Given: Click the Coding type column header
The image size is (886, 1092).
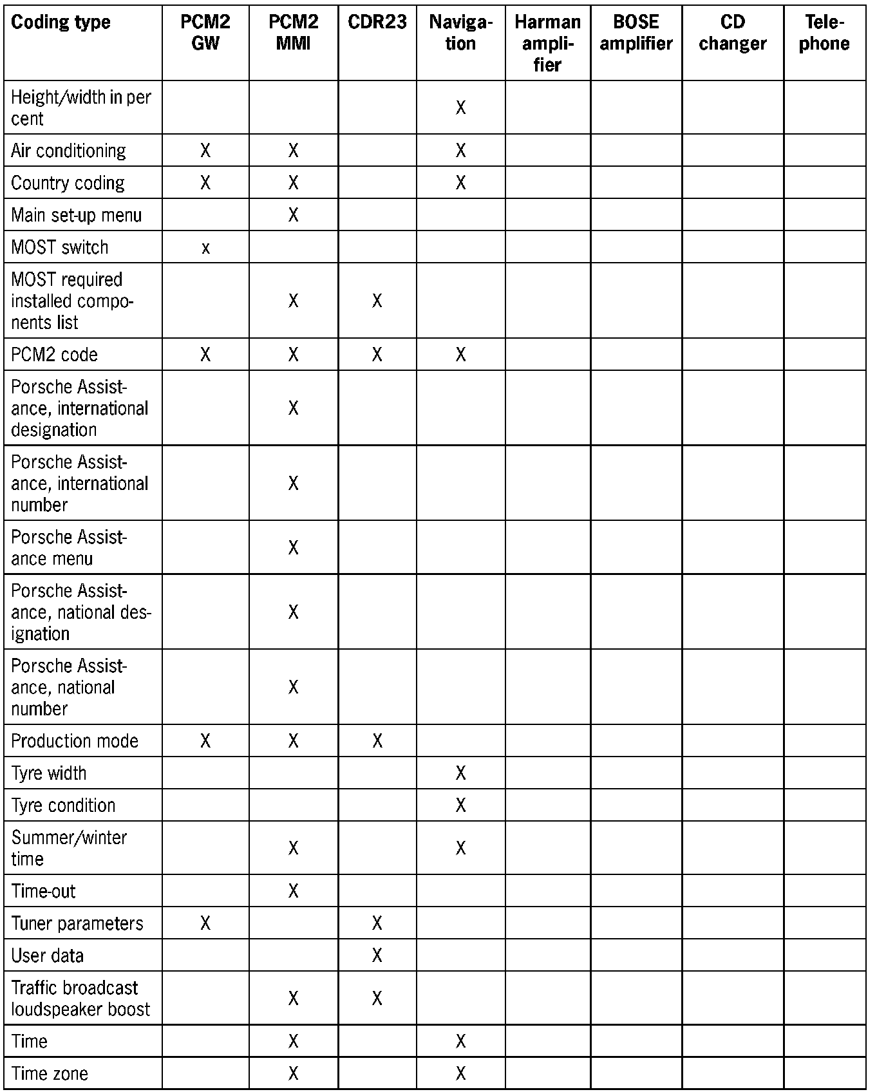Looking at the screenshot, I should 61,23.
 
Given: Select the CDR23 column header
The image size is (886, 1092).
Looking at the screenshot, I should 377,23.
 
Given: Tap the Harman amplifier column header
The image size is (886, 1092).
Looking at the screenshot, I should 547,43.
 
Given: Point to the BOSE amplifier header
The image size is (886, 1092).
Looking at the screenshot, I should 636,33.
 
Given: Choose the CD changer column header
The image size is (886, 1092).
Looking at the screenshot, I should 733,33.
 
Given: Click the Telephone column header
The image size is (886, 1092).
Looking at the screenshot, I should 824,33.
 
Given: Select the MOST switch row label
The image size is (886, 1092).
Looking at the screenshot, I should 60,247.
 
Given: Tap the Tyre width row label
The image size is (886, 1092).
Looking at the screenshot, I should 49,773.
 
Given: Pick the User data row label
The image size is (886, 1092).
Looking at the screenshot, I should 48,955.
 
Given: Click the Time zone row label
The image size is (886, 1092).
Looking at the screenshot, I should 50,1073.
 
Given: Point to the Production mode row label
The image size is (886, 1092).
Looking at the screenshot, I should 75,741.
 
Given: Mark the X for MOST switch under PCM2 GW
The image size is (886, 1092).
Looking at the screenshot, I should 205,248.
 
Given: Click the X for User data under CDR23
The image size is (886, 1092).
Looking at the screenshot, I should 377,955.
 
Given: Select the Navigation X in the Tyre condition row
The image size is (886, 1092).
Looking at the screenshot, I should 460,805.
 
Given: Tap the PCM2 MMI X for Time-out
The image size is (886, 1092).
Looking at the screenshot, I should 293,891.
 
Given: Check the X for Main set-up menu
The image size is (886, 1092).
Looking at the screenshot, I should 293,215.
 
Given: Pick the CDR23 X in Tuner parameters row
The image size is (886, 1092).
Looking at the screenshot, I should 377,923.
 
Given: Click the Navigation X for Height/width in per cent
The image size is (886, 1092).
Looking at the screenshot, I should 460,108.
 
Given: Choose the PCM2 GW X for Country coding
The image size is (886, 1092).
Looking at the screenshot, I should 205,183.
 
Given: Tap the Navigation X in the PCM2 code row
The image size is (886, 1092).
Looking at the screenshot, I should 460,355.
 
